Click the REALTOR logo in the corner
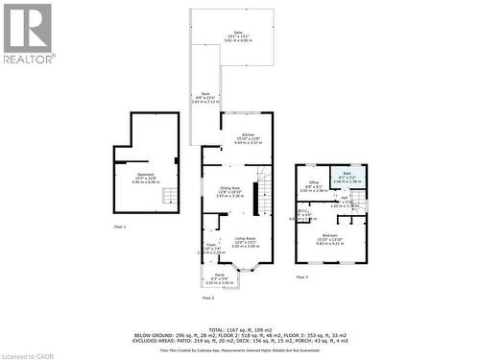[x=28, y=33]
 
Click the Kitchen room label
[x=248, y=137]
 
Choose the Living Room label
[x=245, y=240]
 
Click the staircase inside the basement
[x=170, y=198]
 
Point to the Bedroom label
[x=330, y=237]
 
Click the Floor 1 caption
[x=120, y=226]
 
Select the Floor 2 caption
[x=207, y=298]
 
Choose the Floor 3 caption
[x=301, y=276]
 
